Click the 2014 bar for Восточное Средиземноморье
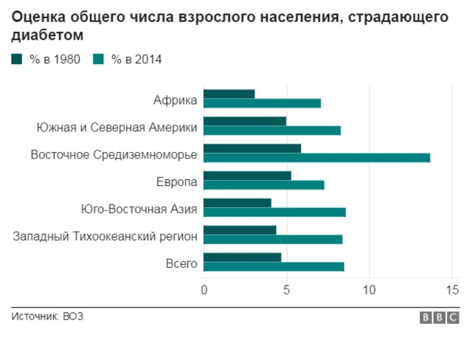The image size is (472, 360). point(316,157)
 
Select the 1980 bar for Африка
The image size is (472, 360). point(229,94)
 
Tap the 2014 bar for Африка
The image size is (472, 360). point(262,103)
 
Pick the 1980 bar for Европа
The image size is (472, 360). point(247,176)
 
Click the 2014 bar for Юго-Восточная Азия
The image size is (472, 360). point(274,212)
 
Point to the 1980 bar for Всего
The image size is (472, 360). point(243,257)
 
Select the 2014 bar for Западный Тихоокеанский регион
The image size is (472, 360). point(273,239)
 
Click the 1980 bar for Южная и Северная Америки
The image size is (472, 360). point(245,121)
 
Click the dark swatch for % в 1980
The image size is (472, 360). point(17,60)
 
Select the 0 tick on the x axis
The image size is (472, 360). point(204,290)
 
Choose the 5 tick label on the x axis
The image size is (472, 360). point(286,290)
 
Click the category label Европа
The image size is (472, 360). point(176,181)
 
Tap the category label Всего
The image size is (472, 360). point(181,263)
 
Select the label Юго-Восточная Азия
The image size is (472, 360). point(139,209)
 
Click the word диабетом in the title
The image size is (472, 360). point(47,35)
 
